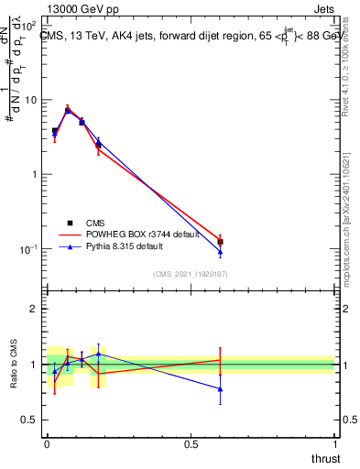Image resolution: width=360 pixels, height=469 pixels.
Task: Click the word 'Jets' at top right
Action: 322,7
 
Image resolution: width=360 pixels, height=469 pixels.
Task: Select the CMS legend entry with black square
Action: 86,222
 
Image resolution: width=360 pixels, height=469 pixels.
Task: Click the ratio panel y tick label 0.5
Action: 29,420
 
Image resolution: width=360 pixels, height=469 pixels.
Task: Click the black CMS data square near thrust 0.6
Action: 220,242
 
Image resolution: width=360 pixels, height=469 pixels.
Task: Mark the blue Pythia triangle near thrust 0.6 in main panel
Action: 220,252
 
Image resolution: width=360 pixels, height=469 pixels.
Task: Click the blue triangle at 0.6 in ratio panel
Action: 220,388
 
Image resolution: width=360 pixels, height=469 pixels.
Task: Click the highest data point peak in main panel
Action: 68,111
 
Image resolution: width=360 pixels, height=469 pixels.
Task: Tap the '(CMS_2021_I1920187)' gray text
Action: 190,273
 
